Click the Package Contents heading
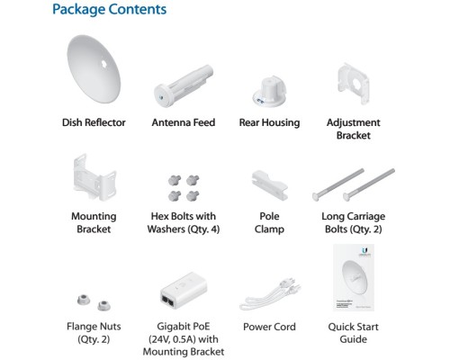(109, 9)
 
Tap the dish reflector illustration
(94, 69)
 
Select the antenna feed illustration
(184, 85)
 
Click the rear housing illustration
(269, 92)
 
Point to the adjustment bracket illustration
(353, 84)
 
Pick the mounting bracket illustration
(94, 177)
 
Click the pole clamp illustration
(269, 185)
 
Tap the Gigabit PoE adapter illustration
(184, 291)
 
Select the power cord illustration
(270, 294)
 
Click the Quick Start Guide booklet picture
(354, 277)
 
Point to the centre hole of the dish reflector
(103, 64)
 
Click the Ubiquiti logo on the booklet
(364, 250)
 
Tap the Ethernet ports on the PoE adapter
(168, 301)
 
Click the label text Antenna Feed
(184, 122)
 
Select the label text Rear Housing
(269, 122)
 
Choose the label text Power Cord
(269, 327)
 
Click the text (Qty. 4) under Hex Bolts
(203, 229)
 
